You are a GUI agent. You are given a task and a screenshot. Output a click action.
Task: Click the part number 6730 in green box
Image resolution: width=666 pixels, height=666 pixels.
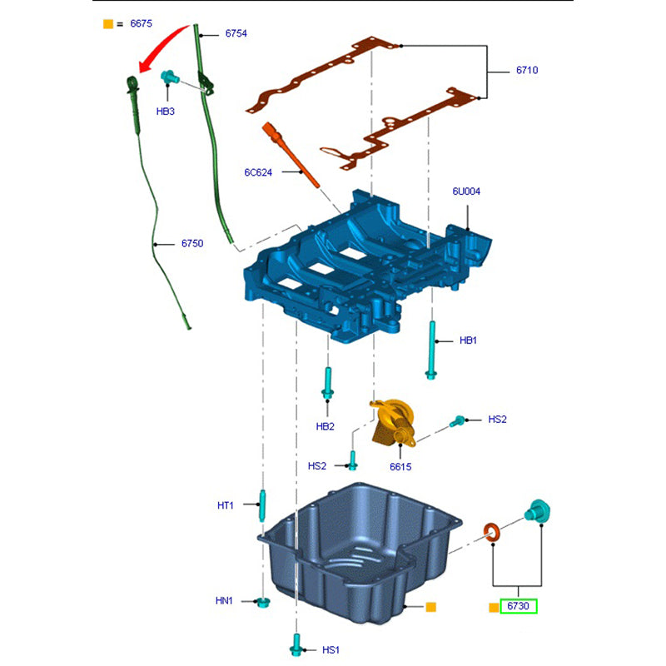click(x=518, y=606)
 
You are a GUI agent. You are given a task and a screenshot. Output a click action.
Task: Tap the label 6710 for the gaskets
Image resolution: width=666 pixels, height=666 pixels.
click(x=526, y=71)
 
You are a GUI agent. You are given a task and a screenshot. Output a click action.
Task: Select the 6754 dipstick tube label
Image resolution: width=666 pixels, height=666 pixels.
click(x=236, y=34)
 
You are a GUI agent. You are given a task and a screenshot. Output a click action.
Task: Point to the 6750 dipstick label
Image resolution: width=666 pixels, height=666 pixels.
click(x=192, y=244)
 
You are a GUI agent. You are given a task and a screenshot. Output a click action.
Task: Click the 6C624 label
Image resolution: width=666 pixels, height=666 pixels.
click(x=258, y=172)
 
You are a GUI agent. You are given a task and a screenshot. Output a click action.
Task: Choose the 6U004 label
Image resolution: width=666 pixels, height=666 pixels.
click(x=466, y=191)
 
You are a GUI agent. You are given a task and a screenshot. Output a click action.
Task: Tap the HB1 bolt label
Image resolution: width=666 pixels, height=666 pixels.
click(x=468, y=340)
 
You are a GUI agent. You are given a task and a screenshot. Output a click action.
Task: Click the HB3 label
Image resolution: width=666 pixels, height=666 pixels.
click(x=166, y=111)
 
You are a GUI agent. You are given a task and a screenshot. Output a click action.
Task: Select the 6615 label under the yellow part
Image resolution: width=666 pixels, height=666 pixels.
click(x=400, y=466)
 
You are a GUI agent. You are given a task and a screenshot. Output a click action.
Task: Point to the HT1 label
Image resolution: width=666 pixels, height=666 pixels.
click(x=226, y=504)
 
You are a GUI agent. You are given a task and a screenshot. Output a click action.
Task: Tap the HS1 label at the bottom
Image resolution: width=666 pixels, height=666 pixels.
click(x=331, y=649)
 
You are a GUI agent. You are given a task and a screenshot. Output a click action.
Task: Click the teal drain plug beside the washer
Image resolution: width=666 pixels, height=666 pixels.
click(x=536, y=510)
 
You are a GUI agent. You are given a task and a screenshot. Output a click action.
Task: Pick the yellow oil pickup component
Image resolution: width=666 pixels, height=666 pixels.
click(x=393, y=421)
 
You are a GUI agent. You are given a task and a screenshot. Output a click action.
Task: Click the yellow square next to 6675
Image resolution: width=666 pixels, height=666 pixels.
click(x=108, y=24)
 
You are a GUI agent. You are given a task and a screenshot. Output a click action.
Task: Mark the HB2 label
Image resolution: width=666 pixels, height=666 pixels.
click(x=325, y=426)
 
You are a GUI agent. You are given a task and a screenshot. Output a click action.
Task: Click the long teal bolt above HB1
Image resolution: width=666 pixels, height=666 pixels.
click(x=433, y=350)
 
